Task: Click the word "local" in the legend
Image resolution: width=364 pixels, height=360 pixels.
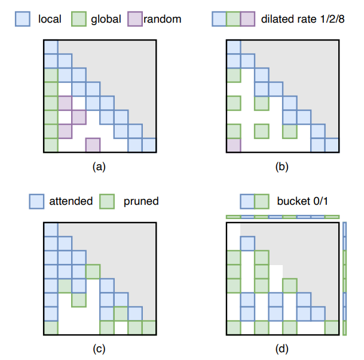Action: [x=49, y=19]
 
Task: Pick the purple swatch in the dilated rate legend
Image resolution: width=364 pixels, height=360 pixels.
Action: [x=247, y=19]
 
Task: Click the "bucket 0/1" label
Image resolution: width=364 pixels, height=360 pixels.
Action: [x=302, y=201]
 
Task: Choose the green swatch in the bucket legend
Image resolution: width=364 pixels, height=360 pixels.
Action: [x=261, y=201]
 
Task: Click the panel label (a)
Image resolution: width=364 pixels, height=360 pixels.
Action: [x=100, y=168]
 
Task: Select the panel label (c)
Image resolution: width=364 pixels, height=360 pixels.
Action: [x=100, y=349]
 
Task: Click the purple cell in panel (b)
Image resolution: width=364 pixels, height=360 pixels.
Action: [x=234, y=145]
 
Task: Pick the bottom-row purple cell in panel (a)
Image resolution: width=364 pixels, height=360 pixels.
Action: [x=93, y=145]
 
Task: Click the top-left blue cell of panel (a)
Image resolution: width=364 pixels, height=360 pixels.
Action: [x=51, y=47]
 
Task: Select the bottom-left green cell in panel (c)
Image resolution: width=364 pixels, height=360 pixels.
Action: [x=51, y=327]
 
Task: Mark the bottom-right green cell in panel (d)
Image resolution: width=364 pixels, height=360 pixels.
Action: [x=332, y=327]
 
